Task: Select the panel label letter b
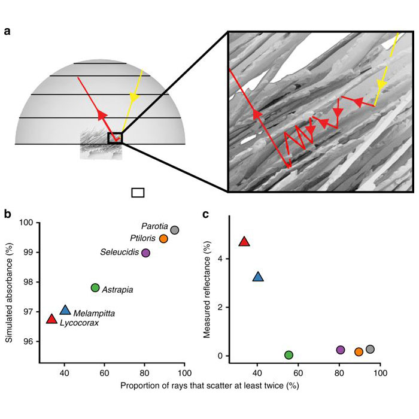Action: [x=7, y=213]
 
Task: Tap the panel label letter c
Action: [x=207, y=213]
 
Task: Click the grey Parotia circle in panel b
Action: [x=175, y=230]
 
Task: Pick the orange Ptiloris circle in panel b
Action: [x=163, y=238]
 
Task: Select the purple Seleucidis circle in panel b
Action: [x=145, y=253]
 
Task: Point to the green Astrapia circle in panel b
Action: [x=95, y=288]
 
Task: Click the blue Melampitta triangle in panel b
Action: [x=65, y=310]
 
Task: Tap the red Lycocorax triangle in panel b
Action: [x=51, y=318]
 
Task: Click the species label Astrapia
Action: [x=117, y=290]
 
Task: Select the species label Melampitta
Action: [x=90, y=313]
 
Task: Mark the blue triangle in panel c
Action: [x=258, y=277]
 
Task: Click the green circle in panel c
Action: [x=289, y=355]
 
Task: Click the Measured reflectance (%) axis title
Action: [x=207, y=290]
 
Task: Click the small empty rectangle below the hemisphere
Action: [x=138, y=192]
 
